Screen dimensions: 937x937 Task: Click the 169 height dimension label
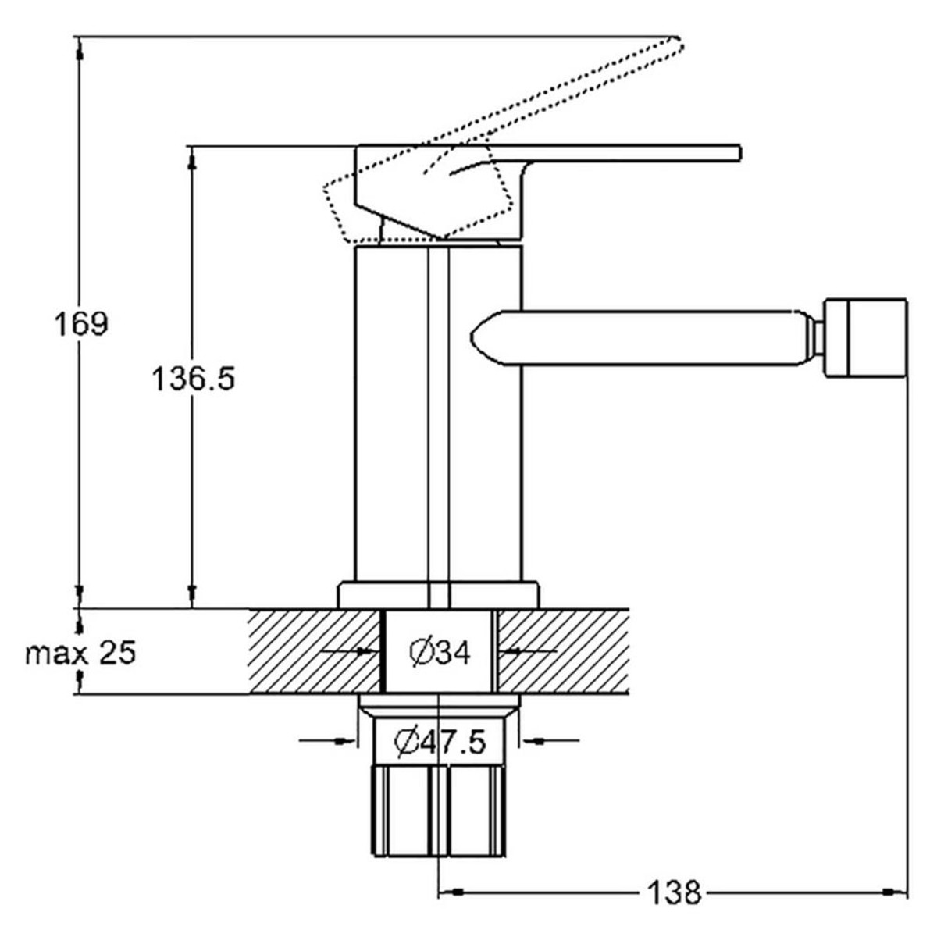pos(80,324)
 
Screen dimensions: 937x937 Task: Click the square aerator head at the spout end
pos(865,338)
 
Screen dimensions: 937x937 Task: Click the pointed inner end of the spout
pos(472,337)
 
